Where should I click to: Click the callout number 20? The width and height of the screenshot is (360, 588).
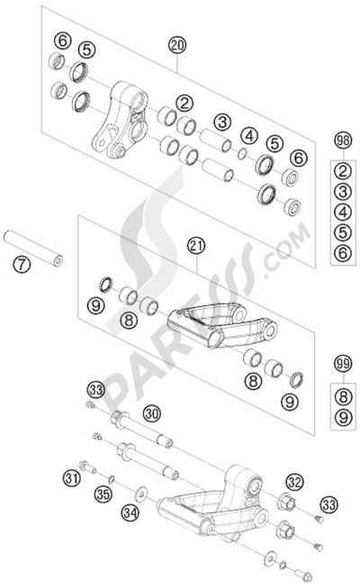[x=175, y=43]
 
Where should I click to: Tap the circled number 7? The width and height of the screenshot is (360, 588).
[x=20, y=265]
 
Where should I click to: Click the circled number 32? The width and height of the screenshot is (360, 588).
[x=293, y=482]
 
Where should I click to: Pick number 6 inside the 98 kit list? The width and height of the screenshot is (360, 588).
[x=341, y=255]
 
